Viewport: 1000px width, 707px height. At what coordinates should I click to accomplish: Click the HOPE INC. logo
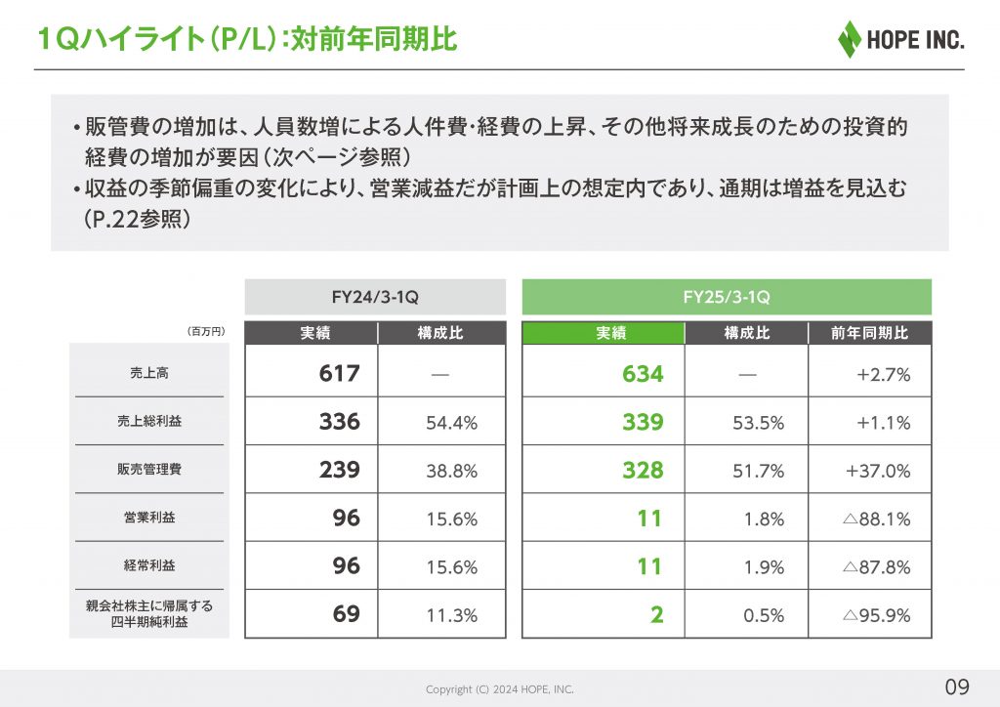point(900,39)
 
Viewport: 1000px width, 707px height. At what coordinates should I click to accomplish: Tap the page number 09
point(957,684)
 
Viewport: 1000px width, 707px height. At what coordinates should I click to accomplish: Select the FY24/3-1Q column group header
point(375,297)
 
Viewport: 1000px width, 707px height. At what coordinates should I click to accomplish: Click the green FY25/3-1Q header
point(727,297)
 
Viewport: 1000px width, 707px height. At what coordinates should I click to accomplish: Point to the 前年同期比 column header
point(870,333)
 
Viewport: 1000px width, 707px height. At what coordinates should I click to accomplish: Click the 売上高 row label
point(148,373)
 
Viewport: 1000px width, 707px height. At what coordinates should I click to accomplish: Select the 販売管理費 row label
point(148,470)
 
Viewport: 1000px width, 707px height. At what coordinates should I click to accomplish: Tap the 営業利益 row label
point(148,518)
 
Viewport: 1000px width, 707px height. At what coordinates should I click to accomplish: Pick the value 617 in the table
point(339,373)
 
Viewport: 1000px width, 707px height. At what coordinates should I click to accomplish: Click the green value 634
point(643,373)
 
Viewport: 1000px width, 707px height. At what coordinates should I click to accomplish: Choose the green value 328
point(643,470)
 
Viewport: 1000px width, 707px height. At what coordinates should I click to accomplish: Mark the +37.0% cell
point(878,471)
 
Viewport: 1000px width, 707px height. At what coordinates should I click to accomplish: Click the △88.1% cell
point(876,519)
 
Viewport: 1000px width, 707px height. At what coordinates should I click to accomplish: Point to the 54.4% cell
point(451,423)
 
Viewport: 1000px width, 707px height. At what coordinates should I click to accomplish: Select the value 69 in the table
point(346,614)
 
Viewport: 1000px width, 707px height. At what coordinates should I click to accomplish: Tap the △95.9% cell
point(876,615)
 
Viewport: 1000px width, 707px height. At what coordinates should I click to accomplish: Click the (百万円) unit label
point(206,332)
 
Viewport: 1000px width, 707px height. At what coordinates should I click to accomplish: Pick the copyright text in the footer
point(499,689)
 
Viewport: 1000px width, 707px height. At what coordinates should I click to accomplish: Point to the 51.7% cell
point(758,471)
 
